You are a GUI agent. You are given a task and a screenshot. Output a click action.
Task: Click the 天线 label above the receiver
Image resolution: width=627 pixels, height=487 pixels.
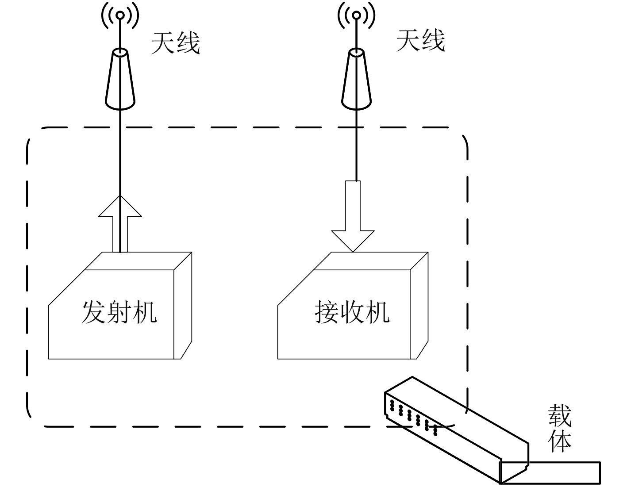tap(420, 41)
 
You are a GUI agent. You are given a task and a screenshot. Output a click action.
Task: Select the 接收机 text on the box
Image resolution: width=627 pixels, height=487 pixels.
tap(352, 312)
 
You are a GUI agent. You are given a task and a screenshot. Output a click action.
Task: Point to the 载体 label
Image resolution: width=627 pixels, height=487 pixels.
tap(560, 428)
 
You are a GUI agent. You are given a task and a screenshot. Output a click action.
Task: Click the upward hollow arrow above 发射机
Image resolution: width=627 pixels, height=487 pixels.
tap(120, 223)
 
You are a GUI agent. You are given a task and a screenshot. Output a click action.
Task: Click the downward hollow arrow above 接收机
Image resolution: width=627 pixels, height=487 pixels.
tap(353, 217)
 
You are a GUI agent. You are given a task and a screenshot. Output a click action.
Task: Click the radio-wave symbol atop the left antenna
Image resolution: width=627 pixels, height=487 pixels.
tap(120, 15)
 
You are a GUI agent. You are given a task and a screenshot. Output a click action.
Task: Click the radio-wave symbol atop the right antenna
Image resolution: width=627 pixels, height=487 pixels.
tap(356, 15)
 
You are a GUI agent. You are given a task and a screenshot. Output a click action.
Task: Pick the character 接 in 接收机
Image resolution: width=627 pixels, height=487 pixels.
tap(327, 312)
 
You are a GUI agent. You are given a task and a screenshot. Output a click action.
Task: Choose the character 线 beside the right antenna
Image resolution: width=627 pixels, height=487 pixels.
tap(433, 41)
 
